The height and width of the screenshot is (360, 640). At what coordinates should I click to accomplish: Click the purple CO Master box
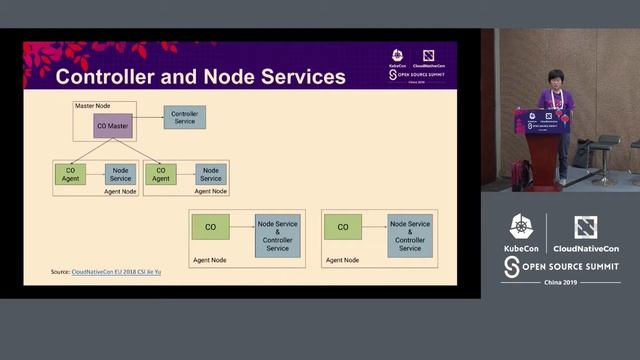tap(113, 126)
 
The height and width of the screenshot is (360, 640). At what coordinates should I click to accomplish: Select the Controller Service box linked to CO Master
tap(184, 117)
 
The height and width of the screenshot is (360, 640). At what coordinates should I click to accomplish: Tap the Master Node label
tap(92, 105)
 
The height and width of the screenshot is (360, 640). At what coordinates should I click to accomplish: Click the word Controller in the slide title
tap(113, 77)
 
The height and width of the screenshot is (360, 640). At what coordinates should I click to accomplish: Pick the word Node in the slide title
tap(232, 77)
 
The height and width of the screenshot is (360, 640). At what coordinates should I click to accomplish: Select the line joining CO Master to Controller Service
tap(148, 118)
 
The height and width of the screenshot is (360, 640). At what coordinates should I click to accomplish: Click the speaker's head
tap(555, 78)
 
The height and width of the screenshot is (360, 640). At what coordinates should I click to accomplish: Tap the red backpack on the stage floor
tap(520, 176)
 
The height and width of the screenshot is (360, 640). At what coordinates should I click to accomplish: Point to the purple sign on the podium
tap(542, 122)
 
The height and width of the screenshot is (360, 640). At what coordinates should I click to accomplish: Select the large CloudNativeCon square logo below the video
tap(586, 227)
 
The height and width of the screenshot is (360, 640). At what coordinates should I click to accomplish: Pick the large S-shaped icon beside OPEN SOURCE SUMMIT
tap(511, 266)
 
